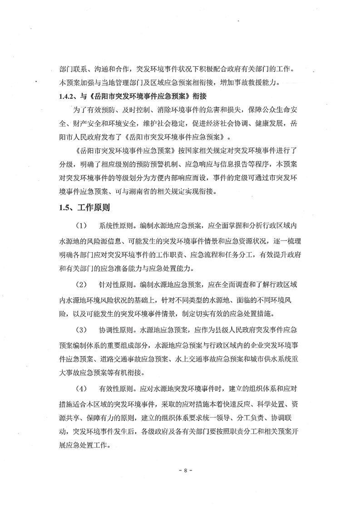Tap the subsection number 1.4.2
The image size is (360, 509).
click(69, 96)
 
